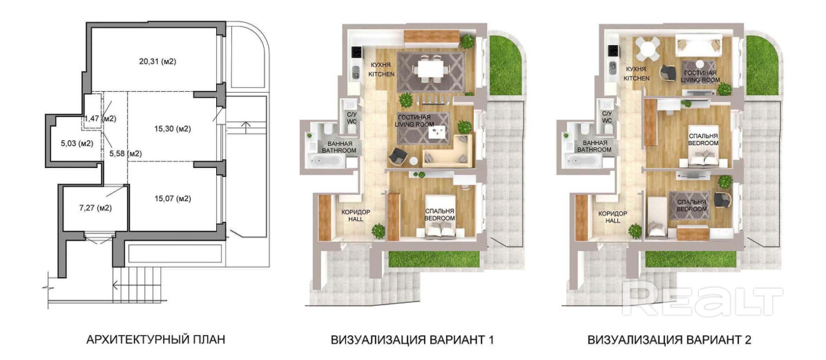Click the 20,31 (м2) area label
157,61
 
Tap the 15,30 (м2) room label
172,128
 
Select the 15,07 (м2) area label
172,199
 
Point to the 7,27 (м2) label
95,207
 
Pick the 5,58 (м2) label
126,153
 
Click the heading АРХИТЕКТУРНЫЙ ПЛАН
155,339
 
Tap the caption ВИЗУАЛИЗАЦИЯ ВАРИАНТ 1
412,340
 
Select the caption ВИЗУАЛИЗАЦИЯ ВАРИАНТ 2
669,340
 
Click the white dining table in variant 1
430,68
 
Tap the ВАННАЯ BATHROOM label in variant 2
593,146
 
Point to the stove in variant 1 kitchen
356,53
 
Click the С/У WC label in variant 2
607,117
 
